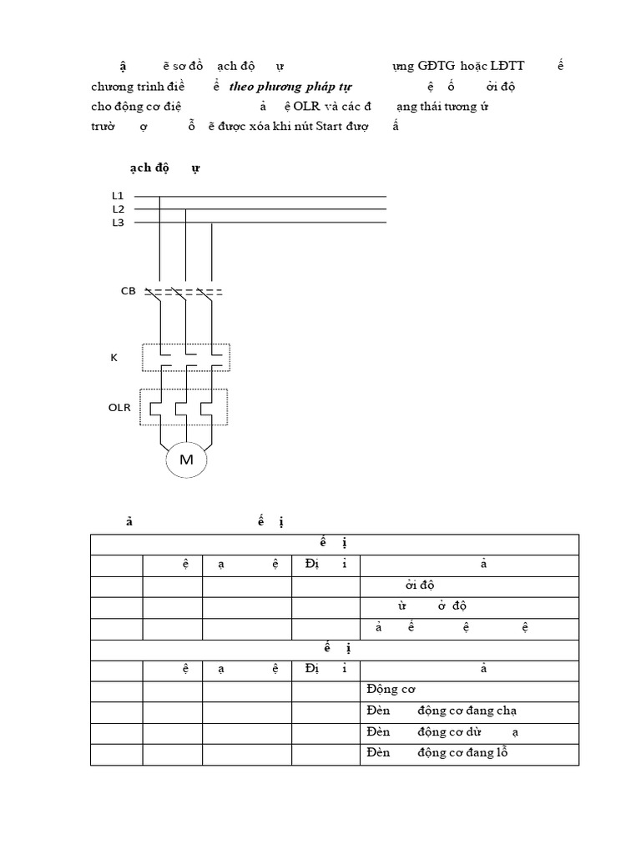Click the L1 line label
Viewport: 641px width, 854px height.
(118, 195)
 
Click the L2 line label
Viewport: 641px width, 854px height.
(118, 208)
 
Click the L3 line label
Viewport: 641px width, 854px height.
(118, 223)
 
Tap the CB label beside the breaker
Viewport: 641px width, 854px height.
(128, 291)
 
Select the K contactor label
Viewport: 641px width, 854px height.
(114, 357)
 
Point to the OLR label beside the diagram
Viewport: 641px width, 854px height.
(119, 408)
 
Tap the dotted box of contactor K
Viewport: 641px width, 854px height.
(185, 357)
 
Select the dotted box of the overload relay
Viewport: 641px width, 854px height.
(184, 406)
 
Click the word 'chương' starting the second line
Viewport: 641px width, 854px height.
(113, 87)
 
